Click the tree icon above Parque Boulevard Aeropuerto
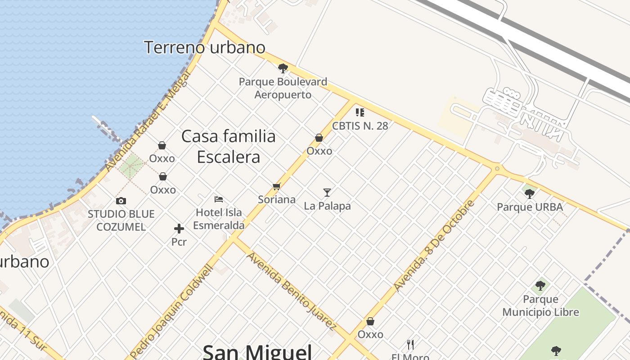point(283,68)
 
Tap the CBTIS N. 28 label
point(360,126)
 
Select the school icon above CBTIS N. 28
point(360,112)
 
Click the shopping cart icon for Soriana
point(276,186)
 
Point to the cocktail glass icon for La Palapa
point(327,193)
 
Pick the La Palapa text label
point(327,206)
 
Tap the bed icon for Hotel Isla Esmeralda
point(219,199)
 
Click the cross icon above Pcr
point(179,229)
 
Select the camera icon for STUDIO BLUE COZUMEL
point(121,201)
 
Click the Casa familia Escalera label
point(229,146)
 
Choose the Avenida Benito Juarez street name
point(292,291)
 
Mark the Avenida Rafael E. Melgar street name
point(148,123)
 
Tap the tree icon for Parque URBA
point(530,194)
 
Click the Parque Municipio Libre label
point(540,306)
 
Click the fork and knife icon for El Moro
point(410,345)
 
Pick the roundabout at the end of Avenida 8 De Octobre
point(497,169)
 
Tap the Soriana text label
point(277,199)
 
